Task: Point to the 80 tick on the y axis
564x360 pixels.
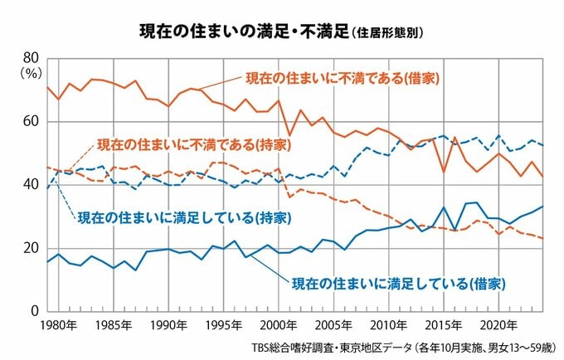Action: click(32, 57)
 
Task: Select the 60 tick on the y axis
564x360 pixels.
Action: click(32, 121)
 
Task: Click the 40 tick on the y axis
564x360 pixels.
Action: click(32, 184)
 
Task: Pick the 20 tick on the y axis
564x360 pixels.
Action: click(32, 248)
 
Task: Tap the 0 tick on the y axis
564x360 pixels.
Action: click(36, 311)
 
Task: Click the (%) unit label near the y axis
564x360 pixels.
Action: click(31, 72)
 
